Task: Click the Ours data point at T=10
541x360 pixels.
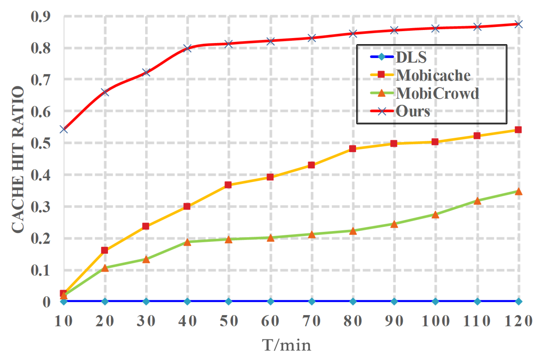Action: (63, 129)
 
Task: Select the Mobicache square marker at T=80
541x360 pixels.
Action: (352, 149)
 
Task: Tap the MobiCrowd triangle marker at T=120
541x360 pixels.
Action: (519, 192)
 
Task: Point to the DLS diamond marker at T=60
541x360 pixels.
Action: (270, 301)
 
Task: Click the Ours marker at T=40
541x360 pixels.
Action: (187, 48)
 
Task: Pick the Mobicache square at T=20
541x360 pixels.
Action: (104, 250)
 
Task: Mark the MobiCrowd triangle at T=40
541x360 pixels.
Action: (187, 242)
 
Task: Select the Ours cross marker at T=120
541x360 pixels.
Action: (519, 24)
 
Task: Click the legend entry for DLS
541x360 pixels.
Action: (411, 57)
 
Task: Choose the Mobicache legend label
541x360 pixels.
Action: (433, 75)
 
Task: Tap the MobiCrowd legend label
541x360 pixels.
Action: (437, 93)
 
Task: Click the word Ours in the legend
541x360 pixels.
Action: (413, 111)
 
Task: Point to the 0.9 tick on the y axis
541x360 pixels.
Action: (41, 16)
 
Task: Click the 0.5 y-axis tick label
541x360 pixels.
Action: (41, 143)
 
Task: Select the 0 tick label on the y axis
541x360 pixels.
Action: (46, 302)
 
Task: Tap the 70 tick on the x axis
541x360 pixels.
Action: (311, 321)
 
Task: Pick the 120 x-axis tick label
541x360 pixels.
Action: (518, 321)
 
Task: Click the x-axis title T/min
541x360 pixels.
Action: (286, 345)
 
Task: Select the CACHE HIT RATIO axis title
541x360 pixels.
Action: (18, 159)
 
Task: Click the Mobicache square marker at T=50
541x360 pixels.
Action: (228, 185)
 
